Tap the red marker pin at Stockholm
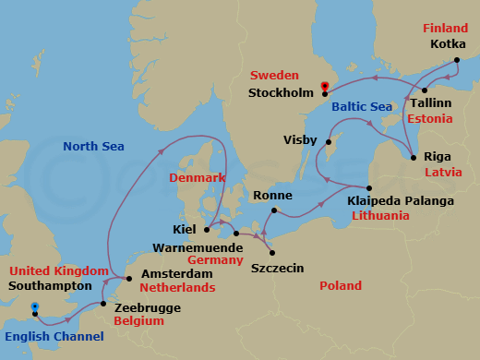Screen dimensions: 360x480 click(x=324, y=89)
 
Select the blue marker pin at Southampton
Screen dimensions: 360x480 click(x=34, y=306)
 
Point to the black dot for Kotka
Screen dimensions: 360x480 click(x=457, y=61)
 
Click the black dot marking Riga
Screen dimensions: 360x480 click(x=414, y=157)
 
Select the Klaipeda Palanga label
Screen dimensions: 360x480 click(x=401, y=200)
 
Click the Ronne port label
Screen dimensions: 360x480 click(x=272, y=196)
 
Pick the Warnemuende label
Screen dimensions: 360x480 click(x=200, y=247)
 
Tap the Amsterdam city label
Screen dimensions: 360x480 click(x=177, y=274)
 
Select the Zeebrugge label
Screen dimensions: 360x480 click(x=146, y=306)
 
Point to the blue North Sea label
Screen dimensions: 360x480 click(x=93, y=146)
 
